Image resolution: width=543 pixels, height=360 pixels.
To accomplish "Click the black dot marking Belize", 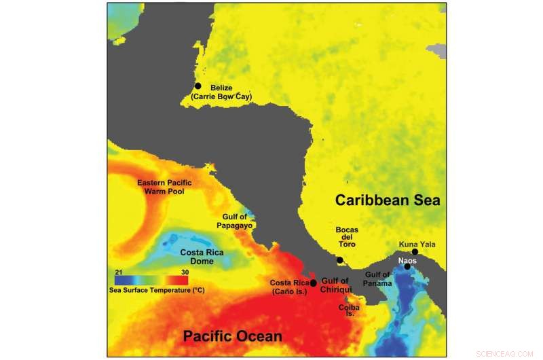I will click(x=198, y=86).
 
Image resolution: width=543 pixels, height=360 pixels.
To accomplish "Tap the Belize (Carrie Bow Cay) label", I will click(x=221, y=92).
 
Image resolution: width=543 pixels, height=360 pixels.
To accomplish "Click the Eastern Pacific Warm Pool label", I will click(x=164, y=187).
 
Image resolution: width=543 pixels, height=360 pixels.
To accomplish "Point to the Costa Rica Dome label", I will click(x=202, y=257).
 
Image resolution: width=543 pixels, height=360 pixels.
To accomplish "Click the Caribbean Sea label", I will click(x=387, y=200).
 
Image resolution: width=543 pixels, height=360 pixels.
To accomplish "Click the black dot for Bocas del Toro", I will click(x=340, y=259).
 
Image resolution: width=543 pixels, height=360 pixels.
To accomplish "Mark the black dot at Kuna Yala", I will click(x=415, y=252).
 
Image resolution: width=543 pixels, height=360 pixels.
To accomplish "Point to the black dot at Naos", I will click(x=407, y=266).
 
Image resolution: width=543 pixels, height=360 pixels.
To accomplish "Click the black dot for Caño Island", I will click(x=313, y=283).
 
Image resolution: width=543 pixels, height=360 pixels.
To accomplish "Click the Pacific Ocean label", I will click(x=233, y=336).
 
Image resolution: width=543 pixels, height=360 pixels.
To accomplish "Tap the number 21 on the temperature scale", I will click(x=118, y=272).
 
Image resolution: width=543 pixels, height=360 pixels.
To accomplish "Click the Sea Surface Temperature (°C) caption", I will click(x=157, y=290).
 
